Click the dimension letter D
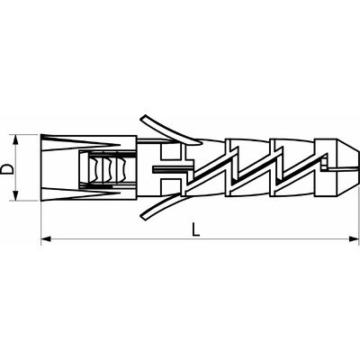coord(7,168)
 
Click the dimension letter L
coord(196,229)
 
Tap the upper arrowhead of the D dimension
coord(15,139)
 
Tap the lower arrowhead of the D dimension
coord(15,196)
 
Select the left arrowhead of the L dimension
coord(46,238)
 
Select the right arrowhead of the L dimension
coord(355,238)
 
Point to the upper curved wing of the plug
coord(170,130)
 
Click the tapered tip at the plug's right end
coord(347,167)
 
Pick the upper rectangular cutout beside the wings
coord(170,152)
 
